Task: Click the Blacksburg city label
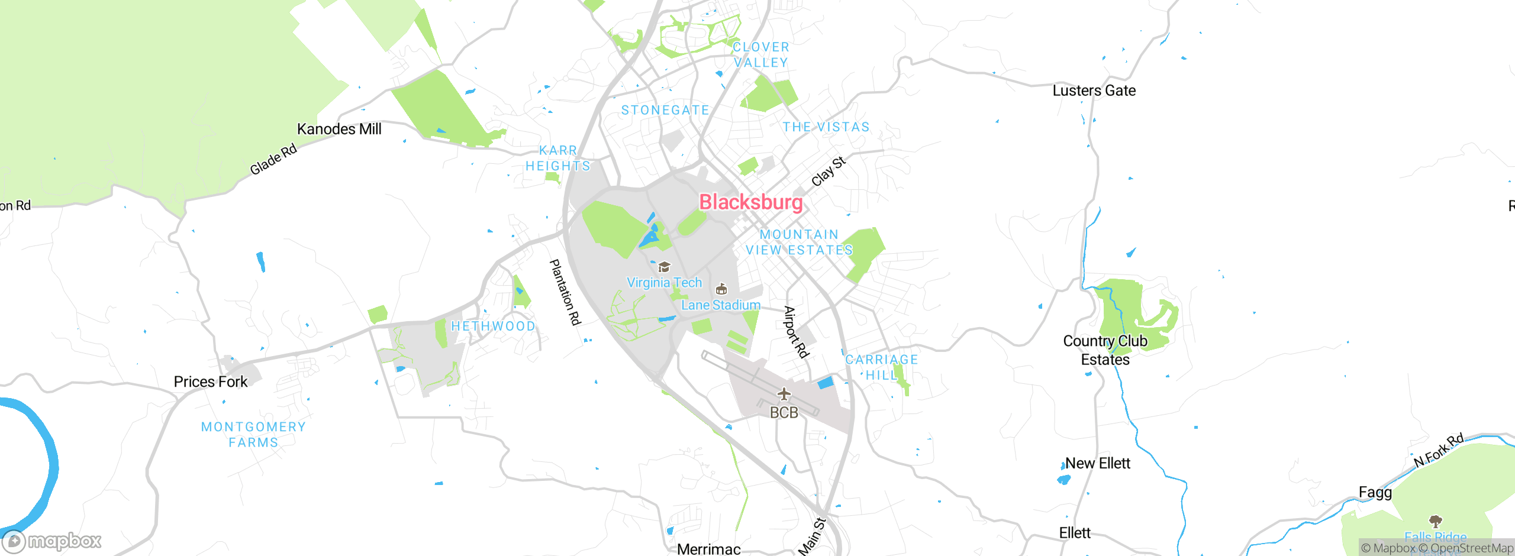(751, 202)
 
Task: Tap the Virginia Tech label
(664, 283)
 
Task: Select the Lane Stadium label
(721, 305)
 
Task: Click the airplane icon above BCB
(784, 394)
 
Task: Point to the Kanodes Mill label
(339, 129)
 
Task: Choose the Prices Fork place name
(211, 382)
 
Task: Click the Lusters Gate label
(1094, 91)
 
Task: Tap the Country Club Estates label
(1105, 350)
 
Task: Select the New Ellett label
(1098, 464)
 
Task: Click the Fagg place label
(1375, 492)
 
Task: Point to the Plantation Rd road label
(566, 292)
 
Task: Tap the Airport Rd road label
(796, 332)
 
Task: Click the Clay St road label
(829, 171)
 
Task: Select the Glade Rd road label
(273, 160)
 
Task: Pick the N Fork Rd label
(1439, 450)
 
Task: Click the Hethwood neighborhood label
(494, 327)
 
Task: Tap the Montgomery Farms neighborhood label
(253, 435)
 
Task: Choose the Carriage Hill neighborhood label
(882, 367)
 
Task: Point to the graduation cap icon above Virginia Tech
(664, 267)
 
